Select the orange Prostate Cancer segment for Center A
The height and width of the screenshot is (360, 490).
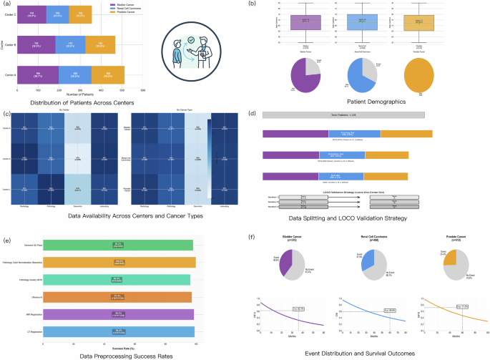107,74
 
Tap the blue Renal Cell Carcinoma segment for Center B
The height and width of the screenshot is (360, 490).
70,44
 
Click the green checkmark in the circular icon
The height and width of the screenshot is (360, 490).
190,40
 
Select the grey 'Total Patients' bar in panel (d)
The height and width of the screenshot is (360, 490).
343,114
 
